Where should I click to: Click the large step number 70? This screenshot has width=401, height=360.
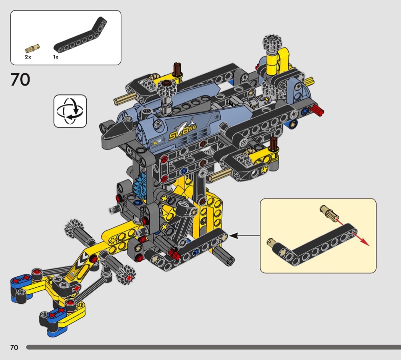(x=20, y=79)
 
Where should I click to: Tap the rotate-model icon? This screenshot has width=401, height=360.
(x=70, y=111)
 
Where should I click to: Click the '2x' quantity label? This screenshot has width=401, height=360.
(x=28, y=57)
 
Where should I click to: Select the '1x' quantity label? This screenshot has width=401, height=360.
(x=56, y=57)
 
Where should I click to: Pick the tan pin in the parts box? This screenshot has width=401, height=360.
(x=32, y=48)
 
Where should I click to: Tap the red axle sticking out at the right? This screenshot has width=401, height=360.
(x=317, y=110)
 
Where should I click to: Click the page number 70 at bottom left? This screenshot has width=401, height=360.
(x=14, y=347)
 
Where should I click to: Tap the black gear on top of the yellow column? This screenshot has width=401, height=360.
(x=273, y=42)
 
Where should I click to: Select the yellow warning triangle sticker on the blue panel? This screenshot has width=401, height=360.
(x=155, y=142)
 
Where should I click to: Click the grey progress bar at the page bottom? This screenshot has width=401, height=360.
(x=213, y=347)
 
